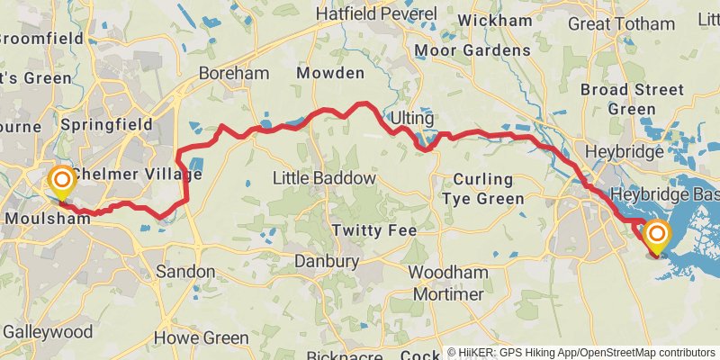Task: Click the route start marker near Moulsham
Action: point(61,184)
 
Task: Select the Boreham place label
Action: point(229,73)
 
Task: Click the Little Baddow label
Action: point(324,179)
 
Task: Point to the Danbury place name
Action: point(327,262)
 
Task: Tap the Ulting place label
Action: point(412,118)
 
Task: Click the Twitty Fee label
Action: point(374,230)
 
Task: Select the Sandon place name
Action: point(185,271)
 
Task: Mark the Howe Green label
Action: point(202,338)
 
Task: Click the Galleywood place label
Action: point(47,332)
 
